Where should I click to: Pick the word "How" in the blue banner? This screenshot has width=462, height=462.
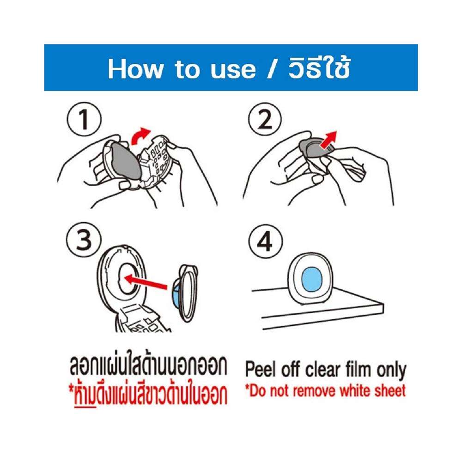click(135, 68)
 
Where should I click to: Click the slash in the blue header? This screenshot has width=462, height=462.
click(272, 68)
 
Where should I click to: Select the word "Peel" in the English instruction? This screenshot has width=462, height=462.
click(262, 370)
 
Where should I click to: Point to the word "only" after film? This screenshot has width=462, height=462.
click(391, 370)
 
